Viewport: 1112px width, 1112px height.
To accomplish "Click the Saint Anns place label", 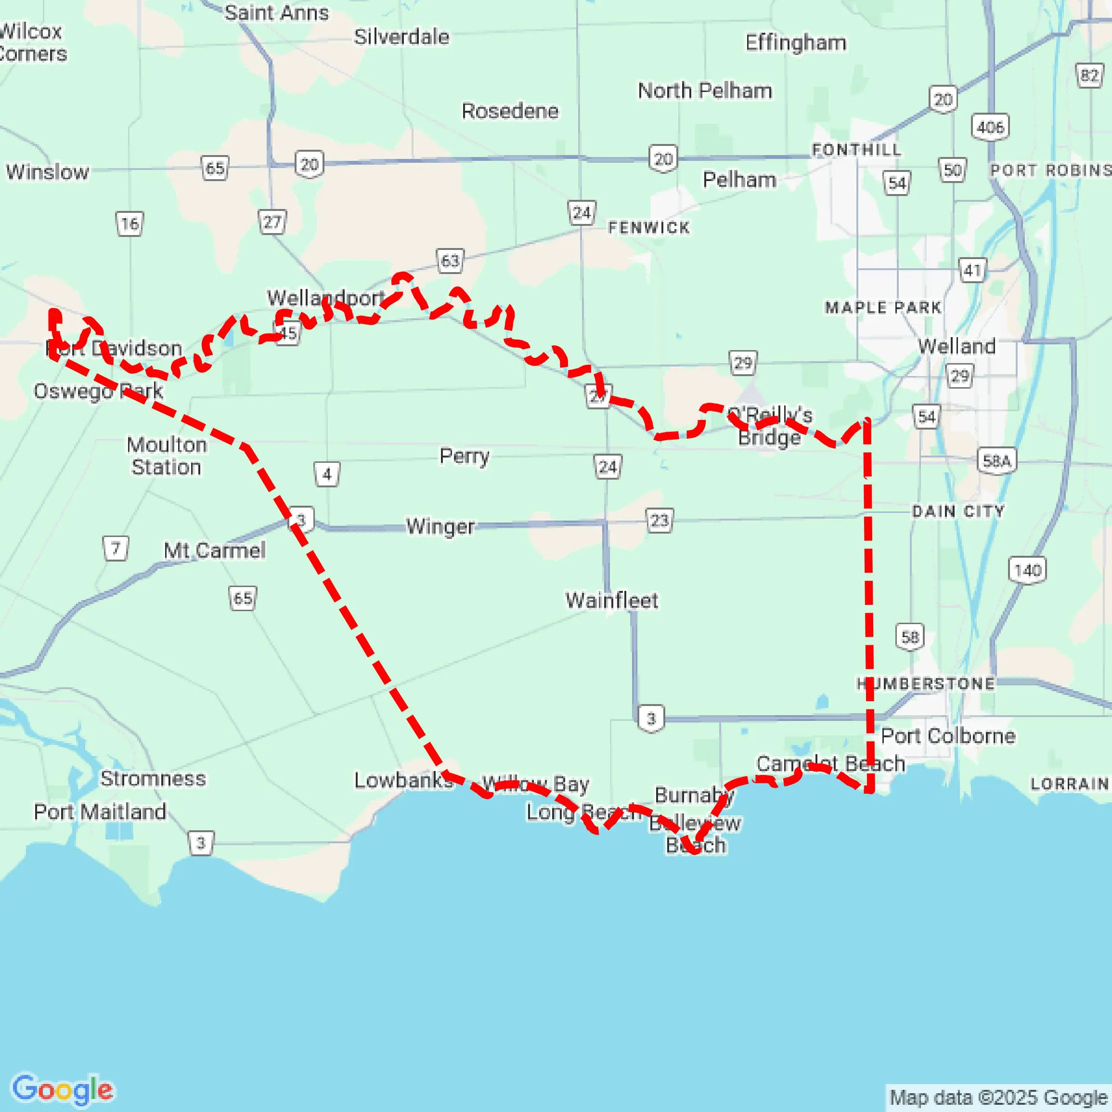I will click(276, 13).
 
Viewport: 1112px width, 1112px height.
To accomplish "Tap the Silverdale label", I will click(401, 37).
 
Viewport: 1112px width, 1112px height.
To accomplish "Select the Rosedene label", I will click(510, 111).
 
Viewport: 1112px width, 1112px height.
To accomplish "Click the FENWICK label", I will click(649, 228).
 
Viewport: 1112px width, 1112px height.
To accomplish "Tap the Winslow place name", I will click(48, 171).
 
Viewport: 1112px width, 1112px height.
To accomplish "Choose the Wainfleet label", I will click(611, 601).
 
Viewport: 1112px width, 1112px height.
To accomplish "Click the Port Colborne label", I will click(948, 736).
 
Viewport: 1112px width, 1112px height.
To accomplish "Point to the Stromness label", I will click(153, 779).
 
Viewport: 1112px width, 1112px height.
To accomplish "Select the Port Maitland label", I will click(100, 812).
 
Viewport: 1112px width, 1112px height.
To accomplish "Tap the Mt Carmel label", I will click(215, 550).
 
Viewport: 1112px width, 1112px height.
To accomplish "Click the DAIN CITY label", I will click(958, 511).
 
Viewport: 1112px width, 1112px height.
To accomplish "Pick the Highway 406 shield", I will click(990, 127).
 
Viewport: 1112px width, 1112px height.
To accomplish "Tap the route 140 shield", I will click(1027, 570).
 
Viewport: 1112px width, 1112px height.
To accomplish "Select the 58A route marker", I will click(997, 461).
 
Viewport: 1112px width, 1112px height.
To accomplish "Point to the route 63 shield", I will click(450, 262).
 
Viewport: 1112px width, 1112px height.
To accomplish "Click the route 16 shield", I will click(129, 223).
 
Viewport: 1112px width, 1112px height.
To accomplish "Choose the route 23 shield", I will click(659, 521).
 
